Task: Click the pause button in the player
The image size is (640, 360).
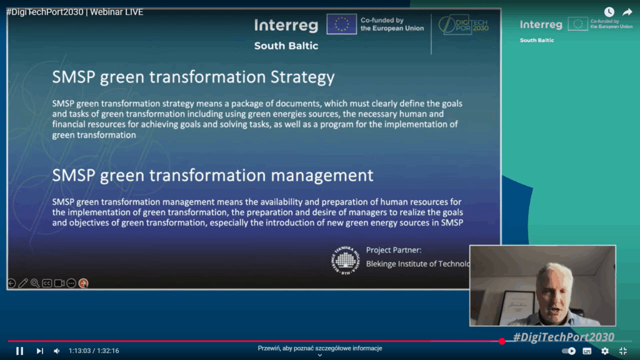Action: point(19,351)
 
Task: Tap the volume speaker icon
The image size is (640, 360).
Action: point(56,351)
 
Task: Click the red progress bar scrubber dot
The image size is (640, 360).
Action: point(502,341)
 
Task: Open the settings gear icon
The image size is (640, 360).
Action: point(604,351)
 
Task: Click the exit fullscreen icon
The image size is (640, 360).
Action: point(622,351)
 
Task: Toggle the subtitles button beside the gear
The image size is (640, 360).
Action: point(587,351)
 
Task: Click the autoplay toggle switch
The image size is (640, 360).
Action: point(569,351)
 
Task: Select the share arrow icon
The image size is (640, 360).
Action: point(627,12)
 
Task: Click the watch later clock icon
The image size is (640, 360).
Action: point(609,12)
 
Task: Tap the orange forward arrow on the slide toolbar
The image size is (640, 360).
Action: point(83,283)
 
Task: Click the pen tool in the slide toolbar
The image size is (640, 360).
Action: point(23,283)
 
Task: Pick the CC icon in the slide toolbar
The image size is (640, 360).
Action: point(47,283)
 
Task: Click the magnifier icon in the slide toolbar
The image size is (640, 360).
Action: point(35,283)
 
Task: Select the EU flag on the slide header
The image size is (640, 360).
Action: point(342,24)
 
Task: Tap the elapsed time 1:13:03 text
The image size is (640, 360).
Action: point(79,351)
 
